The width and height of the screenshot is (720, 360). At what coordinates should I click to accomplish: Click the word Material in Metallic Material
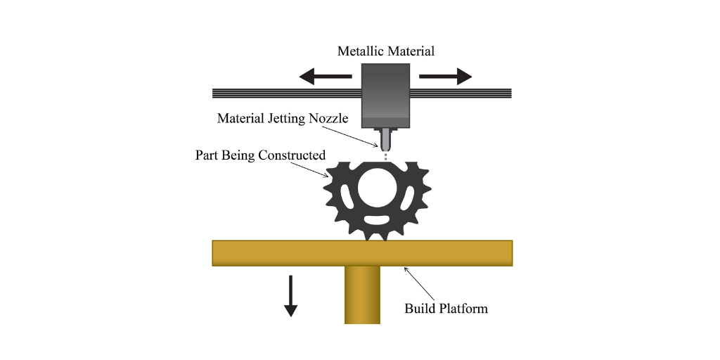tap(410, 51)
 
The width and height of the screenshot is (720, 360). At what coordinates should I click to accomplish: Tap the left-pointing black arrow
tap(326, 76)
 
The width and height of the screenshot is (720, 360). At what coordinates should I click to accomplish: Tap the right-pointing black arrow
tap(446, 76)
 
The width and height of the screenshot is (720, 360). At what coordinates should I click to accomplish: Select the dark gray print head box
tap(386, 96)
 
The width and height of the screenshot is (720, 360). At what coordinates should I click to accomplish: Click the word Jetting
tap(287, 118)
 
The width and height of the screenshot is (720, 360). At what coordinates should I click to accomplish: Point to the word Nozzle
tap(329, 118)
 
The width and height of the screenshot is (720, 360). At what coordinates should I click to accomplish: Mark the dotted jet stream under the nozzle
tap(386, 157)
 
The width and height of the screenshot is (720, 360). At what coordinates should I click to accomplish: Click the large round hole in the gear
tap(377, 188)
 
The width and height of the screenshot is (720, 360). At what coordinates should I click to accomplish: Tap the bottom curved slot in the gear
tap(377, 220)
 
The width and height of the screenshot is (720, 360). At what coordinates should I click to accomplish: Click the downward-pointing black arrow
tap(290, 296)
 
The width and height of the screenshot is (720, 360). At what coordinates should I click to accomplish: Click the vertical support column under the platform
tap(362, 295)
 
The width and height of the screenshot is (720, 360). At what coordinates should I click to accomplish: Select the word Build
tap(419, 308)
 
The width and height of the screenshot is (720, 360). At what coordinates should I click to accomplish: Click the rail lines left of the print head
tap(287, 94)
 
